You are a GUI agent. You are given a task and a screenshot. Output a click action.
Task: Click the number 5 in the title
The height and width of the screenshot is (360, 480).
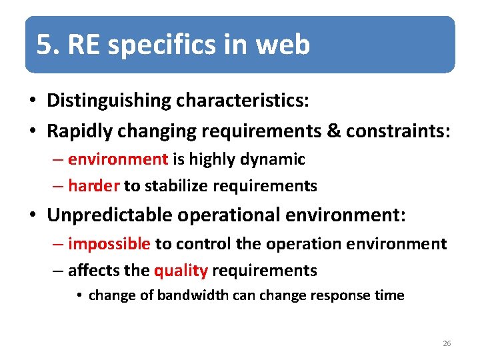click(x=44, y=45)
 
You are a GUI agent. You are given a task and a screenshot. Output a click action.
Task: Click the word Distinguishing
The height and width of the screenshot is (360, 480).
click(x=109, y=101)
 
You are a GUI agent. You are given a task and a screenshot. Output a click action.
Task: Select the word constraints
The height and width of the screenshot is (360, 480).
click(x=398, y=131)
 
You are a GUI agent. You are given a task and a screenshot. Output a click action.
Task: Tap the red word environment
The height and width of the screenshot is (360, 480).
click(x=118, y=159)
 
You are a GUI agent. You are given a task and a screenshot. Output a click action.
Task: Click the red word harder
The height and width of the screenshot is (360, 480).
click(x=93, y=185)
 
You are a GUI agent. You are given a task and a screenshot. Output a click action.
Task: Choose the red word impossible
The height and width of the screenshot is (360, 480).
click(x=109, y=244)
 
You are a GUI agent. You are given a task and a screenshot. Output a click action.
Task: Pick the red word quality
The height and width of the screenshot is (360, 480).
click(x=181, y=270)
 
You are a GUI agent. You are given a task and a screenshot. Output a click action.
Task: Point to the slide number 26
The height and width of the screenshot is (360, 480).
click(x=447, y=343)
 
